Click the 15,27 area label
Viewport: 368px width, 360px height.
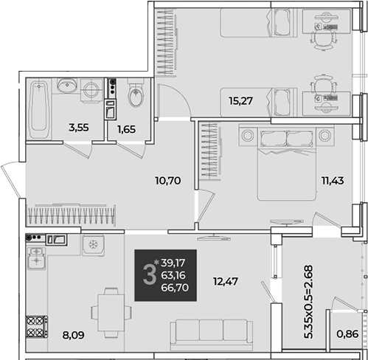[240, 101]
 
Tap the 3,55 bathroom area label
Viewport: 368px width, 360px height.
[79, 128]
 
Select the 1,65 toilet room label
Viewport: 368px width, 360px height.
[127, 129]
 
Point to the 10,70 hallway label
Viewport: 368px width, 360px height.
[168, 181]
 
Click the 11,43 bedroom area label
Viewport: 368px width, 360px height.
[333, 181]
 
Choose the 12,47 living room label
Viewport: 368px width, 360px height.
[226, 281]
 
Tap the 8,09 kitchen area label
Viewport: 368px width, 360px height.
[73, 335]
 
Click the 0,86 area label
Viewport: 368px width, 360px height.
[347, 334]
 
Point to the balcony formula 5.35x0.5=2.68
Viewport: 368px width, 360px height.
[308, 302]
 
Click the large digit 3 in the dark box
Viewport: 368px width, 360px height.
[150, 275]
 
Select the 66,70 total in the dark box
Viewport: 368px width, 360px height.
[175, 287]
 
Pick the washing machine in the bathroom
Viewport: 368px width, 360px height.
[91, 90]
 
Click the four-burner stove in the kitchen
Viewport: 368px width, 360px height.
[37, 327]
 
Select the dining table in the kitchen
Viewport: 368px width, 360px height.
[111, 313]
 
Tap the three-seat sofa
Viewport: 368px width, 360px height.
[211, 334]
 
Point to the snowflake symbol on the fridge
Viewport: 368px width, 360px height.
[93, 245]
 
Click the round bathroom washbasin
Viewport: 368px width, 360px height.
[66, 85]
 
